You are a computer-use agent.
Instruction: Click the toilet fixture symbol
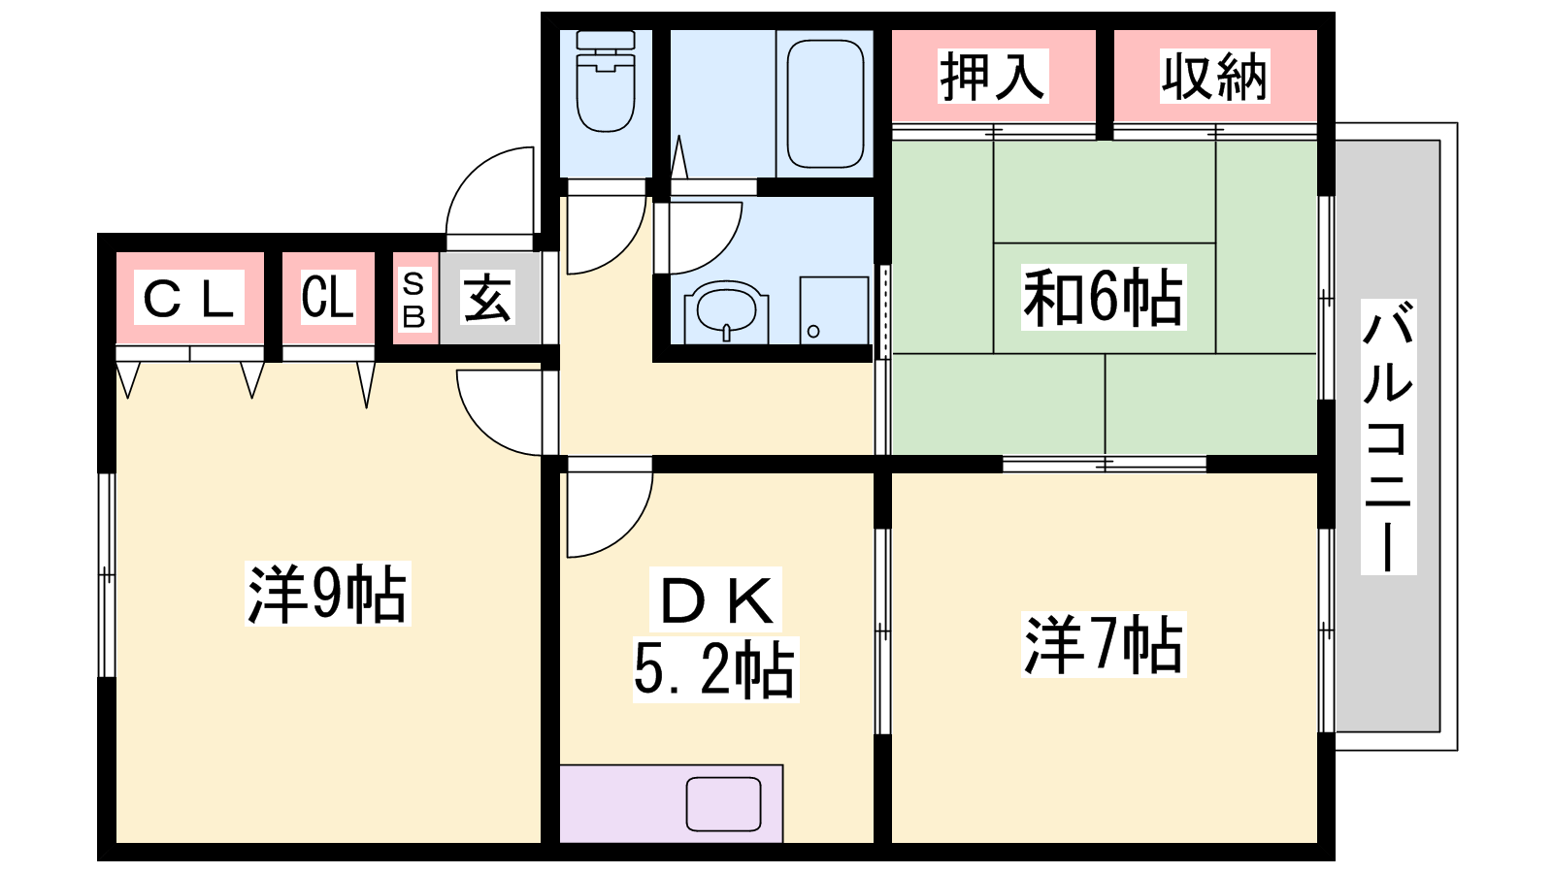pyautogui.click(x=606, y=81)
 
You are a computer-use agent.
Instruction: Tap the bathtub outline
pyautogui.click(x=825, y=103)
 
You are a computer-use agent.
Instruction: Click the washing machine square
pyautogui.click(x=834, y=310)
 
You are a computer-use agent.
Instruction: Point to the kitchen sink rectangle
pyautogui.click(x=724, y=804)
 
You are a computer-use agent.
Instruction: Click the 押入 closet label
pyautogui.click(x=992, y=77)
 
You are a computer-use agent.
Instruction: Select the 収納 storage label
pyautogui.click(x=1214, y=77)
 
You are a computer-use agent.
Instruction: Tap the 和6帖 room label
pyautogui.click(x=1103, y=297)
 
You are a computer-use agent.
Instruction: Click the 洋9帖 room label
pyautogui.click(x=327, y=594)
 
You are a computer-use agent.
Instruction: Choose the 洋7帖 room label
pyautogui.click(x=1103, y=644)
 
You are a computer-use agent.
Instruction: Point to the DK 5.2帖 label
pyautogui.click(x=715, y=634)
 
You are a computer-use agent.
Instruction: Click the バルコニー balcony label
pyautogui.click(x=1388, y=437)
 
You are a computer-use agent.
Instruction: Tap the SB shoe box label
pyautogui.click(x=413, y=300)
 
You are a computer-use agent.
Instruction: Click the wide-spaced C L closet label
pyautogui.click(x=188, y=297)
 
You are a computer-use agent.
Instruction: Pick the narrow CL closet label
pyautogui.click(x=328, y=297)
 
